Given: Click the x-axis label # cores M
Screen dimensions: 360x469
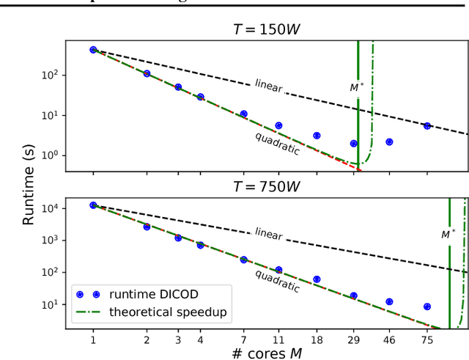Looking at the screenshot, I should click(266, 352).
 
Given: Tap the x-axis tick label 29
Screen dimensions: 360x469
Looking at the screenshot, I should click(353, 339).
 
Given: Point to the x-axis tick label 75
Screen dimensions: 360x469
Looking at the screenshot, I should click(427, 339).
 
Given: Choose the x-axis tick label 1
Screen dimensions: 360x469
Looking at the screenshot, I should click(93, 339).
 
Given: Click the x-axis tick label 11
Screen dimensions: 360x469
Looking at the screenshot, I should click(278, 339).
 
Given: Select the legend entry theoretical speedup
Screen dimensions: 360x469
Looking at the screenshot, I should click(168, 312).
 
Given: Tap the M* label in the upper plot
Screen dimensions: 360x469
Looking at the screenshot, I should click(356, 87).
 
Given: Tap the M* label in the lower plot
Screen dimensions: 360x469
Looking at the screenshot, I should click(448, 235).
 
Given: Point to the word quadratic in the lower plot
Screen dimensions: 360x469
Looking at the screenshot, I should click(277, 281).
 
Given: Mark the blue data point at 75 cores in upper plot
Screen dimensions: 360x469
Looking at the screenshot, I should click(427, 126).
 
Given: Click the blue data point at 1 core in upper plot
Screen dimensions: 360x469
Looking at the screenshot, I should click(93, 50).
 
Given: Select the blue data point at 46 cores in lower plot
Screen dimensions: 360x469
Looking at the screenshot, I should click(389, 301).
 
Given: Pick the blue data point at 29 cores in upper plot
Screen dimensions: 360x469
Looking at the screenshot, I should click(353, 144).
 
